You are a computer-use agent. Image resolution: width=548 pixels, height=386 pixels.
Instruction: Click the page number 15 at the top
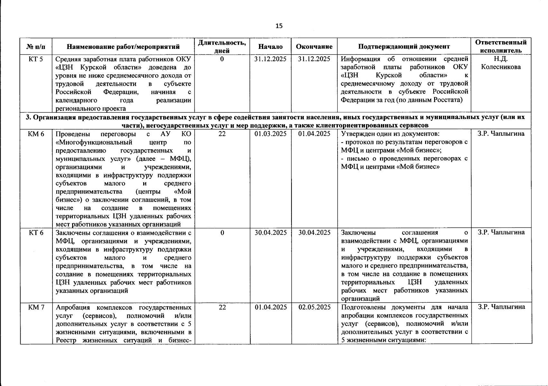tap(279, 26)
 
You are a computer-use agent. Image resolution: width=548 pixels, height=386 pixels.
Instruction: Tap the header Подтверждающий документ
tap(404, 47)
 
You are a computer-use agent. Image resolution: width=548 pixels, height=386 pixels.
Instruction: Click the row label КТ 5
tap(36, 59)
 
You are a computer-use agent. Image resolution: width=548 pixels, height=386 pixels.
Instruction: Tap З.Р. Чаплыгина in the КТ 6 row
tap(501, 233)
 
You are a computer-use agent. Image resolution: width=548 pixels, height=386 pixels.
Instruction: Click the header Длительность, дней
tap(222, 47)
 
